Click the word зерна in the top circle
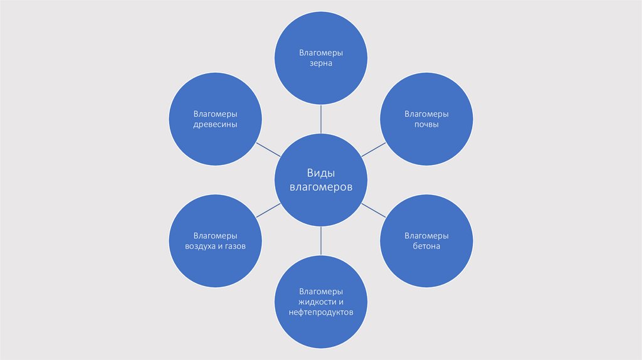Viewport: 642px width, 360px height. pyautogui.click(x=320, y=63)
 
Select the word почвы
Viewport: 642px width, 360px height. pyautogui.click(x=426, y=124)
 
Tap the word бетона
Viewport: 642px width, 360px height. pyautogui.click(x=426, y=246)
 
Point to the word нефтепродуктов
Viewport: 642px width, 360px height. pyautogui.click(x=321, y=312)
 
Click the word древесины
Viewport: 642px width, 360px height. pyautogui.click(x=215, y=124)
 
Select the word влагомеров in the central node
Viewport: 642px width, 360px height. pyautogui.click(x=321, y=187)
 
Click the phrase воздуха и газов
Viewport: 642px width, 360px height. pyautogui.click(x=215, y=246)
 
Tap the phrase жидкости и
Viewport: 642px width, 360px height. pyautogui.click(x=321, y=302)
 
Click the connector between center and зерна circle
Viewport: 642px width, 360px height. pyautogui.click(x=321, y=119)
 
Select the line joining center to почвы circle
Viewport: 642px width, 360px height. pyautogui.click(x=374, y=149)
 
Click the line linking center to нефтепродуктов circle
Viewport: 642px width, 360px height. pyautogui.click(x=321, y=240)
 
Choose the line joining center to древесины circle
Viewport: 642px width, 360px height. pyautogui.click(x=268, y=149)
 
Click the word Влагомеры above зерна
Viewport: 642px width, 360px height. pyautogui.click(x=321, y=53)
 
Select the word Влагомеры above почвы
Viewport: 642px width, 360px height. pyautogui.click(x=426, y=114)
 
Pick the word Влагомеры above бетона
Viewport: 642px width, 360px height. pyautogui.click(x=426, y=236)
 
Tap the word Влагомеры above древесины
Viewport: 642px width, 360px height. pyautogui.click(x=215, y=114)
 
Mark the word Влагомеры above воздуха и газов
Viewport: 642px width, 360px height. pyautogui.click(x=215, y=236)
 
